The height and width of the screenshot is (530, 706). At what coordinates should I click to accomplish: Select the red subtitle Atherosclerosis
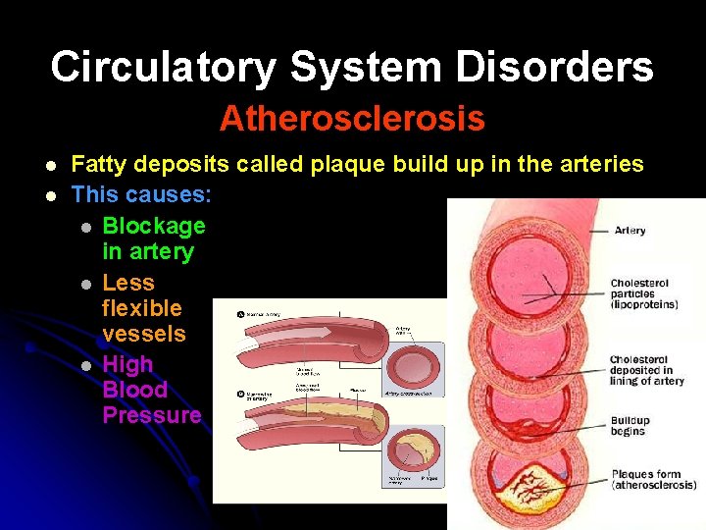pyautogui.click(x=352, y=119)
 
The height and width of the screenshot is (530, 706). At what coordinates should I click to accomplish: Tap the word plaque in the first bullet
pyautogui.click(x=349, y=164)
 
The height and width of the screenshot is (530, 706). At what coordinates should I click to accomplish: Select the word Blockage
pyautogui.click(x=154, y=226)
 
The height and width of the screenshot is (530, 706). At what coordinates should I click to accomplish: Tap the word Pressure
pyautogui.click(x=152, y=415)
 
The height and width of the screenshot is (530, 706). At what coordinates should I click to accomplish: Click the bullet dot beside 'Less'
pyautogui.click(x=85, y=284)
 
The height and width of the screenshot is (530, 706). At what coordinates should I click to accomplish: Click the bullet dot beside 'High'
pyautogui.click(x=85, y=365)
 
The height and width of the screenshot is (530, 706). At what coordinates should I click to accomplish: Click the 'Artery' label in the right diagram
pyautogui.click(x=630, y=231)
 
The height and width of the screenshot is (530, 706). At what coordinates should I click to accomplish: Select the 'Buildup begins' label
pyautogui.click(x=629, y=425)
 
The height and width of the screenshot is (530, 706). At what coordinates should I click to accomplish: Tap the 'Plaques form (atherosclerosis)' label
pyautogui.click(x=653, y=479)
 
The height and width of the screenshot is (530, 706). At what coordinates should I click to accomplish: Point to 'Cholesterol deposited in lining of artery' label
pyautogui.click(x=646, y=370)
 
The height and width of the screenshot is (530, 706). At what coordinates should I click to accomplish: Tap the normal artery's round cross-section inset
pyautogui.click(x=417, y=364)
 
